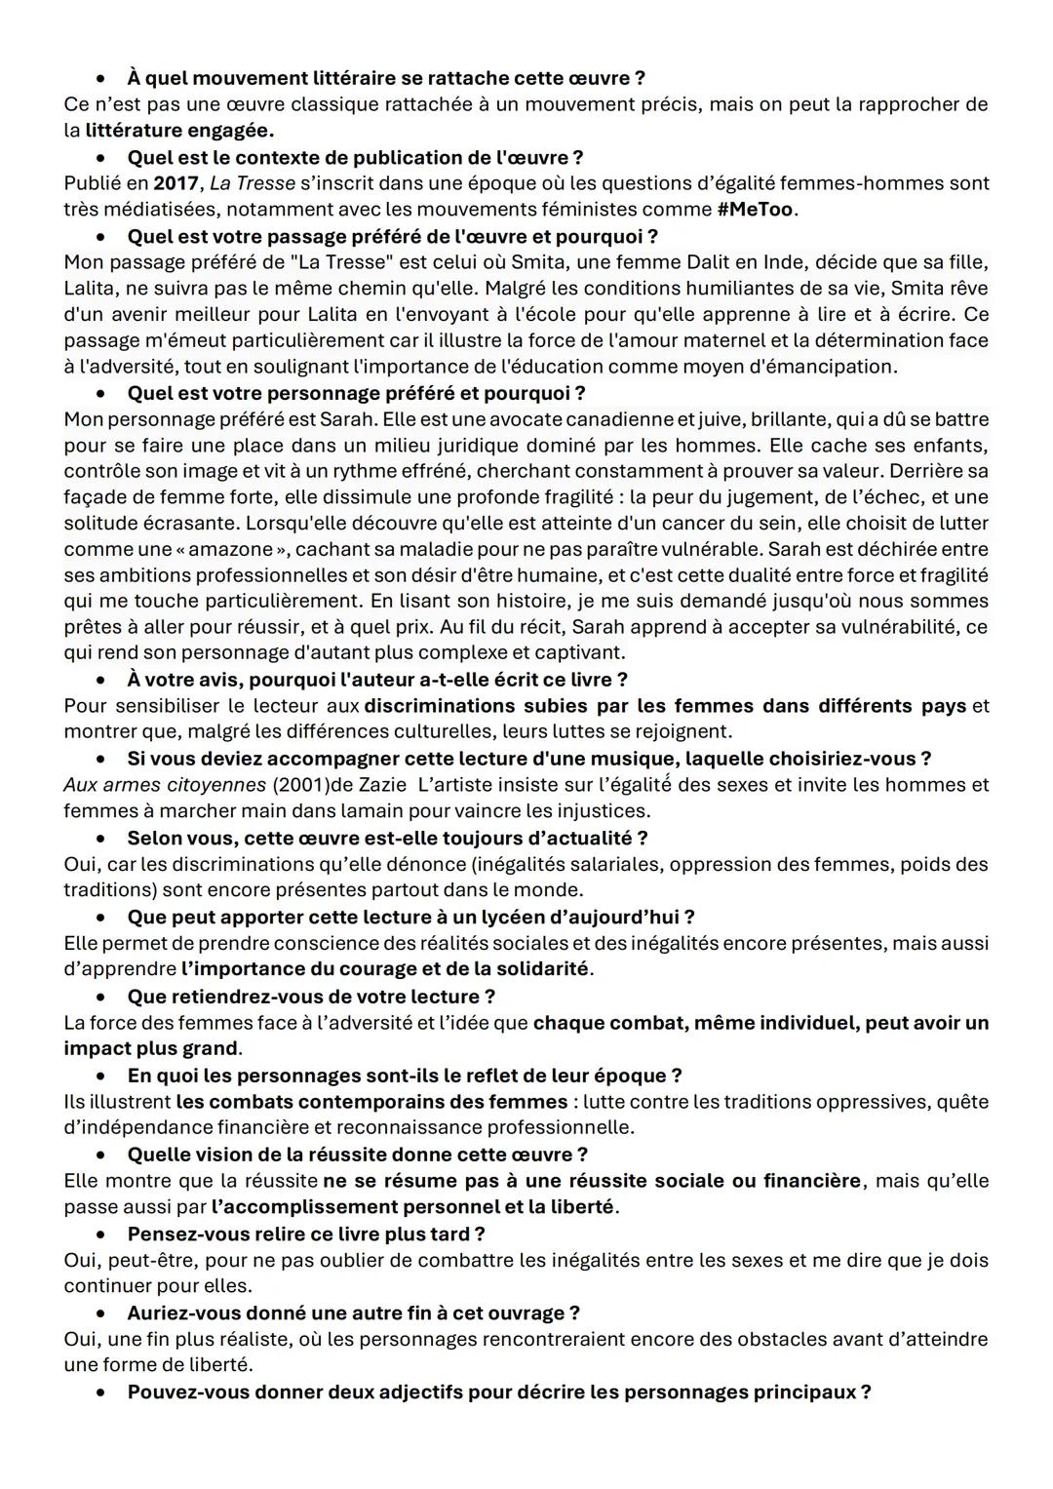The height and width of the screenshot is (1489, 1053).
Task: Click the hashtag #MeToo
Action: [760, 210]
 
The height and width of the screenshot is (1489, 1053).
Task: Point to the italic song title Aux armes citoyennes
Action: [164, 785]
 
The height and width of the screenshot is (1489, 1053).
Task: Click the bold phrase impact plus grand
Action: [150, 1049]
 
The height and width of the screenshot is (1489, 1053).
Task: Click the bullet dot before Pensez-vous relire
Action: [100, 1235]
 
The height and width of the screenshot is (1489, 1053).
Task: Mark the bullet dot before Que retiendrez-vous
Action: [100, 998]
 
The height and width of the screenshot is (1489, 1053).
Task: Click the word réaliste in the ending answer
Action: [257, 1340]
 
